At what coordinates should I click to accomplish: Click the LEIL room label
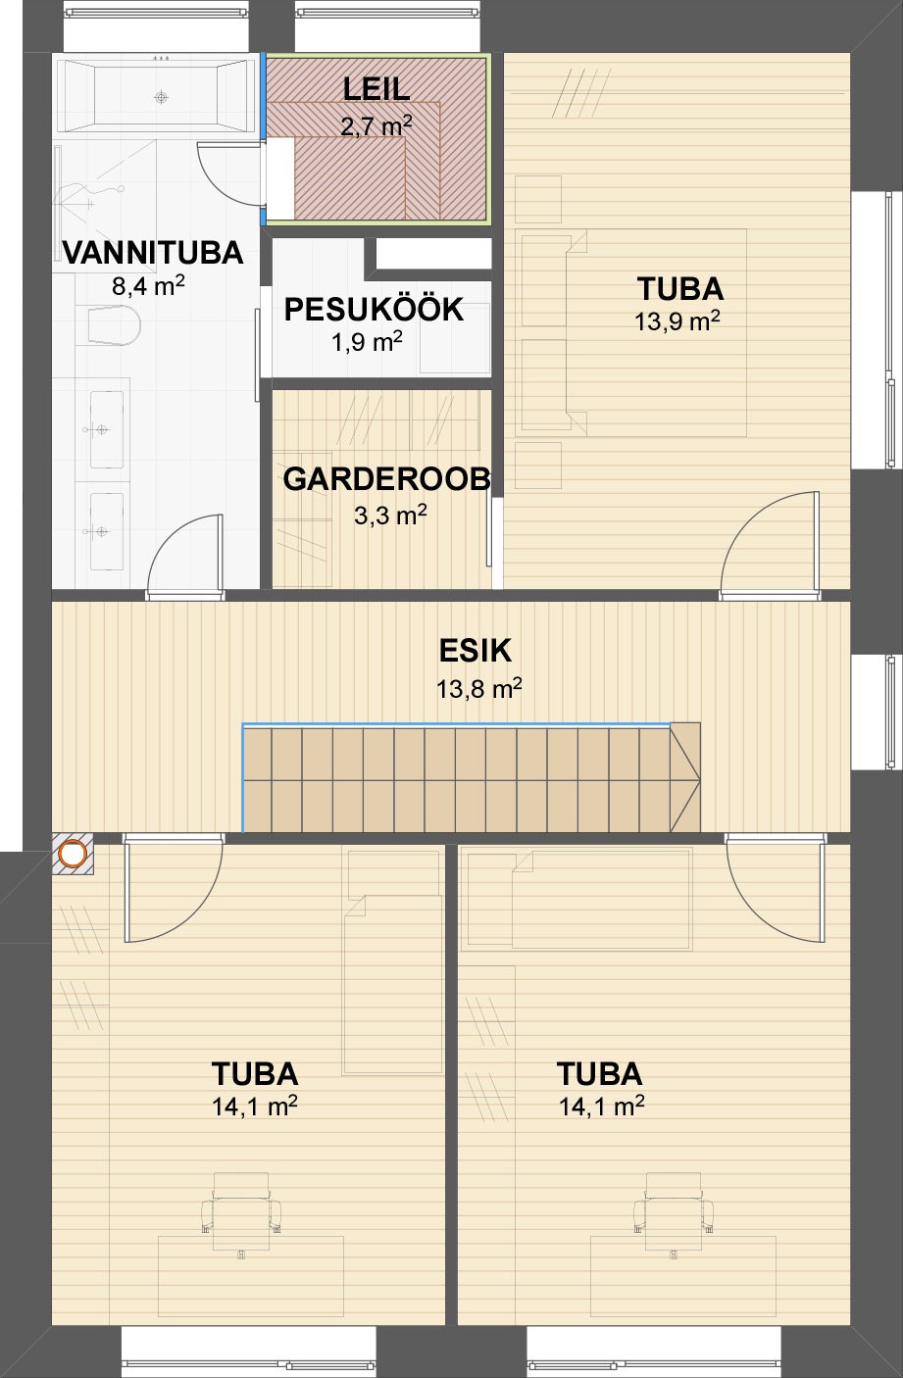376,89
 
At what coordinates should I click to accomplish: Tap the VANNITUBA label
153,253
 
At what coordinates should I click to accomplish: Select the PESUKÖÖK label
374,309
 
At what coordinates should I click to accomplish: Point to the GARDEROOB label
386,479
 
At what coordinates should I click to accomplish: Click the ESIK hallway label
476,651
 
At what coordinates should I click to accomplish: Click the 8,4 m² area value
148,285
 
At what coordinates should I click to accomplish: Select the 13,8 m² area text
478,689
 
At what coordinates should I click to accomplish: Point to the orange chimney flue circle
73,854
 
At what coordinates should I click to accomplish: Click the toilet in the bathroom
115,325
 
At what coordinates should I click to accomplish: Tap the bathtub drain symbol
161,97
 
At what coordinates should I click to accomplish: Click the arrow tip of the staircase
699,781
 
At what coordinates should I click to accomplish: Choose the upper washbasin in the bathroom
106,429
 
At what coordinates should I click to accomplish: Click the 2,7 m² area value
376,126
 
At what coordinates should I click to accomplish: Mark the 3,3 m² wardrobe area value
390,515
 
